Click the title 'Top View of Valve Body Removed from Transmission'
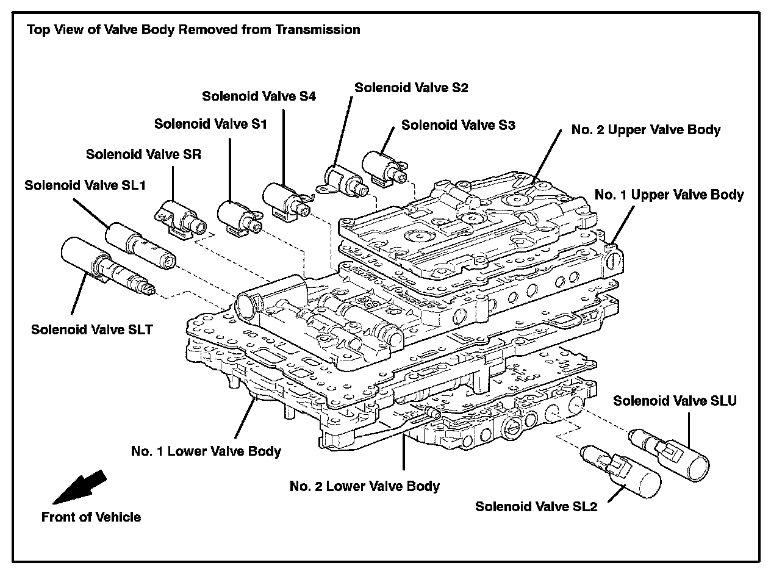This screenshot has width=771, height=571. pyautogui.click(x=193, y=29)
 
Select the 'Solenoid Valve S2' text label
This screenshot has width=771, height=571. pyautogui.click(x=411, y=87)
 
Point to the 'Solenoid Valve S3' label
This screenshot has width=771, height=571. pyautogui.click(x=458, y=126)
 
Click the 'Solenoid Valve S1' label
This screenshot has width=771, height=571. pyautogui.click(x=210, y=124)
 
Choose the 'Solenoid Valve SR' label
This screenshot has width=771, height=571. pyautogui.click(x=143, y=154)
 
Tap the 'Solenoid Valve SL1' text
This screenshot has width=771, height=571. pyautogui.click(x=85, y=184)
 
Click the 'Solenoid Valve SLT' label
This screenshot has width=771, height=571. pyautogui.click(x=91, y=329)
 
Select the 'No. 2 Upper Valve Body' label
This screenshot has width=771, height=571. pyautogui.click(x=646, y=130)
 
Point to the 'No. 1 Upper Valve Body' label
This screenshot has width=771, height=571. pyautogui.click(x=669, y=195)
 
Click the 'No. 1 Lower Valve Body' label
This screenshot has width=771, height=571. pyautogui.click(x=206, y=451)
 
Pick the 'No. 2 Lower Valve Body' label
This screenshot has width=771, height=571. pyautogui.click(x=365, y=486)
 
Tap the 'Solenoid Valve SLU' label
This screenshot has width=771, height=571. pyautogui.click(x=675, y=401)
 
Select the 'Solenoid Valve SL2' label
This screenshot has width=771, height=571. pyautogui.click(x=536, y=506)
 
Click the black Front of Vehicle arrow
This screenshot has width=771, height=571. pyautogui.click(x=80, y=487)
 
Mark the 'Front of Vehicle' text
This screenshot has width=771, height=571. pyautogui.click(x=91, y=517)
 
